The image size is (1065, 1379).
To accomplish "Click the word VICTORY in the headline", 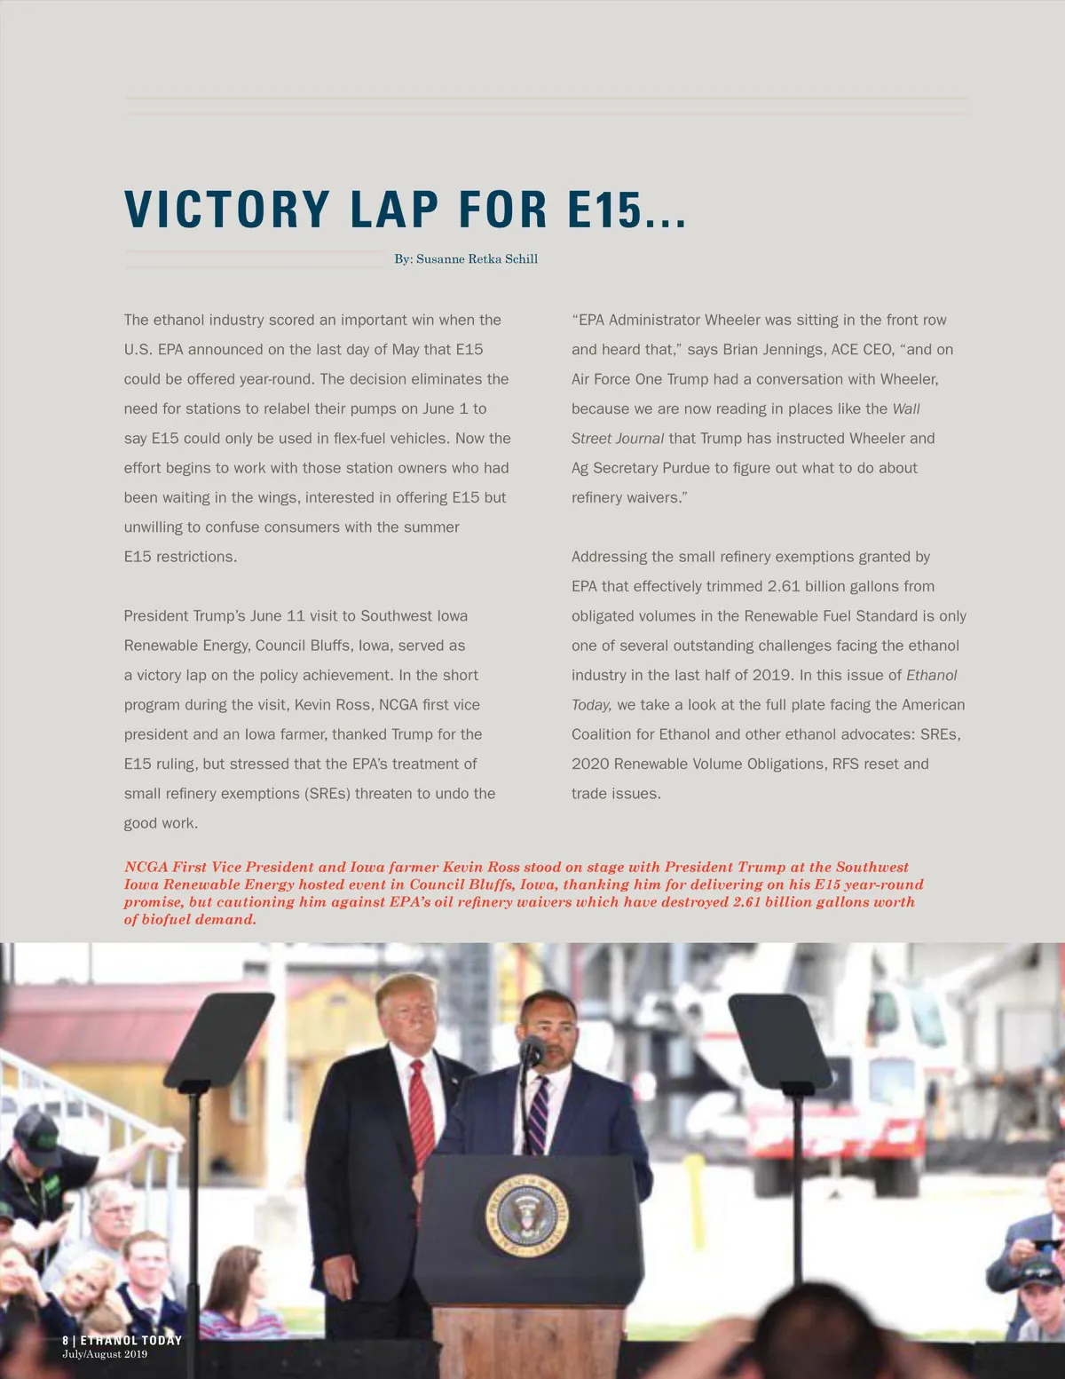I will click(227, 210).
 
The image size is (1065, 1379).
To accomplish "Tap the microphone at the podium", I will click(532, 1051).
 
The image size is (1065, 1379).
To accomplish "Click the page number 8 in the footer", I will click(66, 1340).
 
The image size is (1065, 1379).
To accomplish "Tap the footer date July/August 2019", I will click(105, 1354).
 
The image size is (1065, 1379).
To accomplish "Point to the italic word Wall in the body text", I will click(906, 408).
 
